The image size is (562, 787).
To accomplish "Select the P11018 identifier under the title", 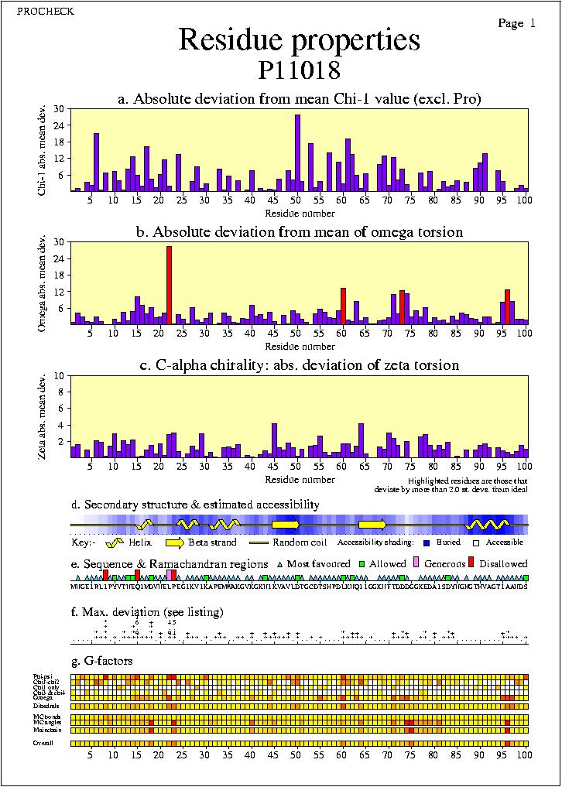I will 299,70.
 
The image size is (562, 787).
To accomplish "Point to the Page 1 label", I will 516,24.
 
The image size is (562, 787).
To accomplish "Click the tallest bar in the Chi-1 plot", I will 297,152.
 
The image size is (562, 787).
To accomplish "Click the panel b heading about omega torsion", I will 299,232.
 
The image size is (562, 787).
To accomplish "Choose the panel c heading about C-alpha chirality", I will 299,364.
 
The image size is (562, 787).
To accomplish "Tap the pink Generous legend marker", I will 416,563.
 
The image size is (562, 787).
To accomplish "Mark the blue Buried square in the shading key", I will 423,543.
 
